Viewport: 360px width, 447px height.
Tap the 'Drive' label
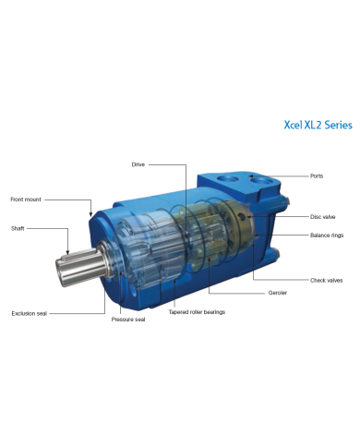[x=138, y=163]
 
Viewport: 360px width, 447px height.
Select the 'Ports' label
[x=317, y=175]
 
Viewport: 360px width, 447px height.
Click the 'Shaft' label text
[x=18, y=227]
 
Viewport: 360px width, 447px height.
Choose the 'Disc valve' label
[x=323, y=216]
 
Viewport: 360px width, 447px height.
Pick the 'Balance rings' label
[x=327, y=236]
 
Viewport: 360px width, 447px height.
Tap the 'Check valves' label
[x=326, y=279]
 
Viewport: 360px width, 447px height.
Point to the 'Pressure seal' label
[x=128, y=320]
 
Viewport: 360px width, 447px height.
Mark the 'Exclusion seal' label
[x=29, y=313]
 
